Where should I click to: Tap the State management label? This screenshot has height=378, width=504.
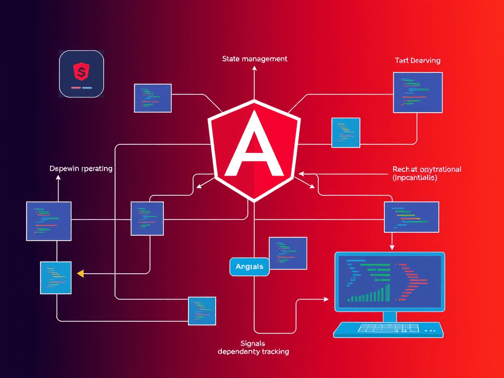(254, 59)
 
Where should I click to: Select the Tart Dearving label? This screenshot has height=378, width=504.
(417, 61)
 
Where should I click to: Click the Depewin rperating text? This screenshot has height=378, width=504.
(81, 168)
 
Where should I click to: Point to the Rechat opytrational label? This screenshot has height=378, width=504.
(427, 169)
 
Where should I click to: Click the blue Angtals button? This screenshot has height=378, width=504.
(250, 266)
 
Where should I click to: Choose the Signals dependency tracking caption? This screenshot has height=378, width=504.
(253, 347)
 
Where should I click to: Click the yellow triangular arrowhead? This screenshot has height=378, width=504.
(80, 273)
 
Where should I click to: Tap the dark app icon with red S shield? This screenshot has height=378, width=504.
(81, 74)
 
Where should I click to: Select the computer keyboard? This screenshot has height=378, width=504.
(388, 329)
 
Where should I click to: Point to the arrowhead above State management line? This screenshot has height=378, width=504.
(254, 69)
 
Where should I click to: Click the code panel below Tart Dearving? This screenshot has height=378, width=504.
(417, 92)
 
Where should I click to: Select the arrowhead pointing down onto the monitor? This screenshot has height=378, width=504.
(392, 247)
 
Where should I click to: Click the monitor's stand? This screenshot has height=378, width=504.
(389, 316)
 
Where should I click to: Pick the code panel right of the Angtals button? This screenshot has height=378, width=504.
(288, 253)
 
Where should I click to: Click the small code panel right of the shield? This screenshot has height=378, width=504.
(346, 132)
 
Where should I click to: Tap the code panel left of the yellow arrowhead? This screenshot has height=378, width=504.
(56, 278)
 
